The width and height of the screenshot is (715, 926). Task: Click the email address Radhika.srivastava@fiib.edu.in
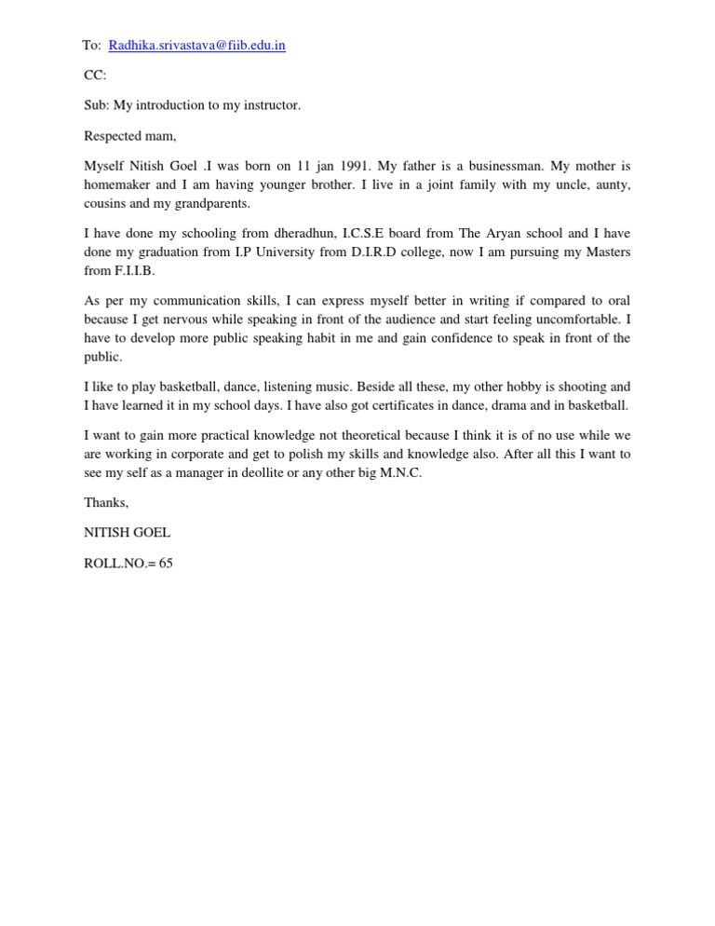pyautogui.click(x=196, y=46)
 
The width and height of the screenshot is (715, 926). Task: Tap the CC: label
pyautogui.click(x=95, y=75)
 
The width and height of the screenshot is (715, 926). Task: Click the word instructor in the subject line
pyautogui.click(x=271, y=105)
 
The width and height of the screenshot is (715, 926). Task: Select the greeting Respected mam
pyautogui.click(x=129, y=136)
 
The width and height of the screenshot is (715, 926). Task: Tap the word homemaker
pyautogui.click(x=118, y=185)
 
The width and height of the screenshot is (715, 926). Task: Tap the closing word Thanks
pyautogui.click(x=106, y=503)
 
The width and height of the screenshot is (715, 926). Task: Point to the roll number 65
pyautogui.click(x=166, y=564)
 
